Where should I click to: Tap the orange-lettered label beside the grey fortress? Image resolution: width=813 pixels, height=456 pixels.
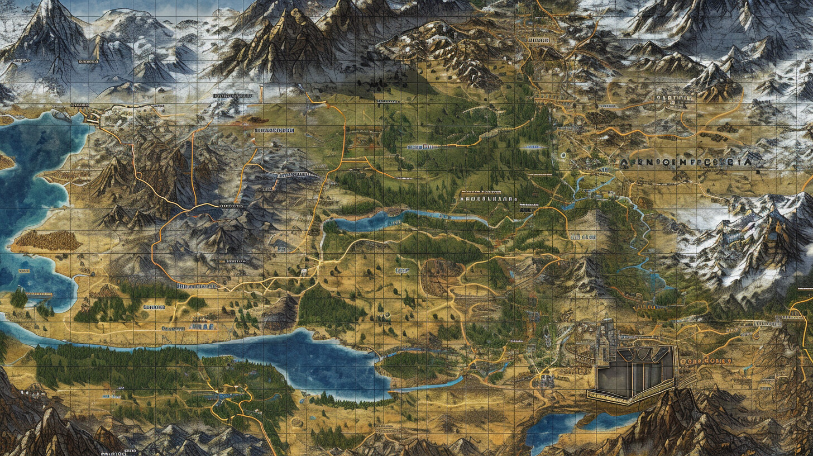[x=706, y=362]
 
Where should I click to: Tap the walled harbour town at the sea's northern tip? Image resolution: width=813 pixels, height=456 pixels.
[x=91, y=116]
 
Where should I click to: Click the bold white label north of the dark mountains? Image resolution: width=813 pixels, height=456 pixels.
[x=274, y=130]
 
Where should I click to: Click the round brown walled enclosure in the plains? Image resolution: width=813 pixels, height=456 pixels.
[x=441, y=276]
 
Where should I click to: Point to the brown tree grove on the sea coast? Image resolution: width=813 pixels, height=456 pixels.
[x=47, y=240]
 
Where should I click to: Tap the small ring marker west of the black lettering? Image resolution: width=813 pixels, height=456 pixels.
[x=563, y=155]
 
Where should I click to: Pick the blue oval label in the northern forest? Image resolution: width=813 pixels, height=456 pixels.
[x=532, y=147]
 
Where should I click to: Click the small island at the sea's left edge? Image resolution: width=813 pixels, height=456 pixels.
[x=6, y=162]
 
